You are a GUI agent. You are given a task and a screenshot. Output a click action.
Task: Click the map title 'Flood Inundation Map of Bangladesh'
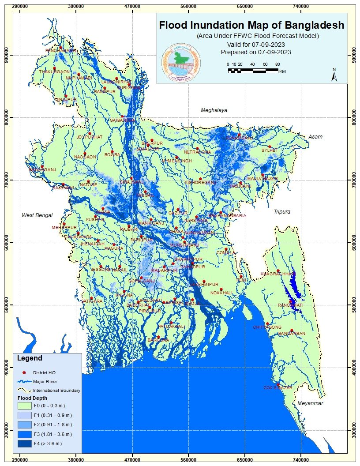(251, 25)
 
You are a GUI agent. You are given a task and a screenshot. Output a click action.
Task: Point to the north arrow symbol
(334, 75)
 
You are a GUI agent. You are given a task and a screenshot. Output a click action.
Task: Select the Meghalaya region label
(214, 110)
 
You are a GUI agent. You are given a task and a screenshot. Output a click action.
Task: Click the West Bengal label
(37, 215)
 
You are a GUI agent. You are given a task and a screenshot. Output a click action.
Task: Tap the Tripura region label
(282, 212)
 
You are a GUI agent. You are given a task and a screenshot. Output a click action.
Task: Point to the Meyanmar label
(310, 403)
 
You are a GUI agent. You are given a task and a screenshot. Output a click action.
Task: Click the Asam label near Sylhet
(315, 137)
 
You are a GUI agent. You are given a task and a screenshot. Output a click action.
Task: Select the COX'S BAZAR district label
(278, 387)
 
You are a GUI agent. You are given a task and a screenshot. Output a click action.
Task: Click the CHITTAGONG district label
(267, 327)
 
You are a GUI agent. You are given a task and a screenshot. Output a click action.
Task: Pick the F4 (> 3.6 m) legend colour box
(26, 443)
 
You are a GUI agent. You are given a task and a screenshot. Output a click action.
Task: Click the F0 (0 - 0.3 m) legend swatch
(26, 405)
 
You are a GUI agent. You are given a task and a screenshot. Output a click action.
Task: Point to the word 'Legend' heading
(30, 358)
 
